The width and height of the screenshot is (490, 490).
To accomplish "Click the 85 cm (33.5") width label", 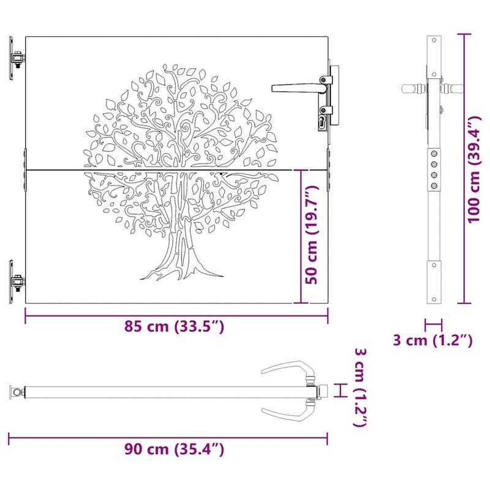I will tap(176, 326).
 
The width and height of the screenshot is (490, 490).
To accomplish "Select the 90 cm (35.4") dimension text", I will tap(176, 450).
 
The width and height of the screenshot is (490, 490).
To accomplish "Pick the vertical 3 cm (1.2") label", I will tap(361, 388).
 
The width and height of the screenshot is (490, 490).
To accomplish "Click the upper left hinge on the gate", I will tap(17, 59).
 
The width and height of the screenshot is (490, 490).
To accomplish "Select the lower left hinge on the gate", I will tap(17, 282).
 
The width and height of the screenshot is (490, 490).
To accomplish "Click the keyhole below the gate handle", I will tap(323, 122).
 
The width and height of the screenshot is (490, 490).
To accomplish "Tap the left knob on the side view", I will tap(411, 88).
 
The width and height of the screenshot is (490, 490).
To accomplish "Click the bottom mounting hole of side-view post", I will tap(434, 265).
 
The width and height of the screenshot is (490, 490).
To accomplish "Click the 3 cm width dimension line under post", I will tap(434, 324).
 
